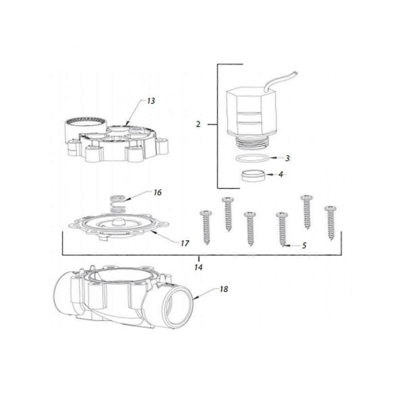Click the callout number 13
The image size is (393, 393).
tap(150, 101)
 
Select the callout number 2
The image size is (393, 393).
tap(198, 124)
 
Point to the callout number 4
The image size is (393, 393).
tap(281, 174)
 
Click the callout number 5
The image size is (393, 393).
tap(304, 246)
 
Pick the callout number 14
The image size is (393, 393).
tap(198, 268)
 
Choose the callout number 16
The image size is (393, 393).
tap(157, 193)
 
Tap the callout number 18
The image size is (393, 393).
tap(224, 289)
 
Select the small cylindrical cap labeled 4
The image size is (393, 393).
tap(254, 175)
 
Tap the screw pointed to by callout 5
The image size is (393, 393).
tap(282, 228)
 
